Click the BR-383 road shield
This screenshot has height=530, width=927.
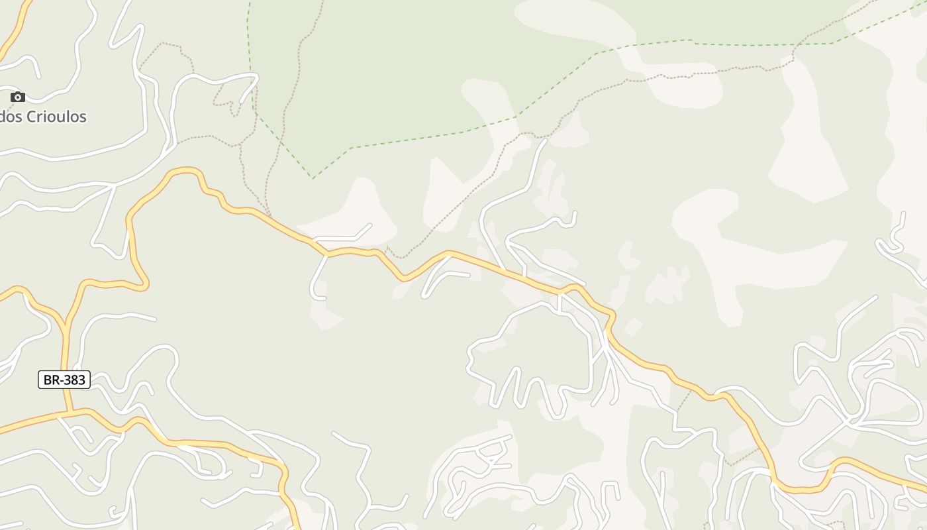pyautogui.click(x=64, y=380)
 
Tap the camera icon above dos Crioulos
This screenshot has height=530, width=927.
pyautogui.click(x=18, y=97)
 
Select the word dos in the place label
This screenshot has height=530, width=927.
pyautogui.click(x=10, y=117)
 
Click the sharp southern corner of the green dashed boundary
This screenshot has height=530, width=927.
pyautogui.click(x=313, y=178)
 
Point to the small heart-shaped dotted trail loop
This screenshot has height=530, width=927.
pyautogui.click(x=228, y=103)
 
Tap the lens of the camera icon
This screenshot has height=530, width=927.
pyautogui.click(x=18, y=98)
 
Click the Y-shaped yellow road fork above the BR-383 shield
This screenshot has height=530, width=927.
pyautogui.click(x=66, y=325)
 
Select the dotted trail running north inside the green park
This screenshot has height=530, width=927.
pyautogui.click(x=291, y=99)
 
